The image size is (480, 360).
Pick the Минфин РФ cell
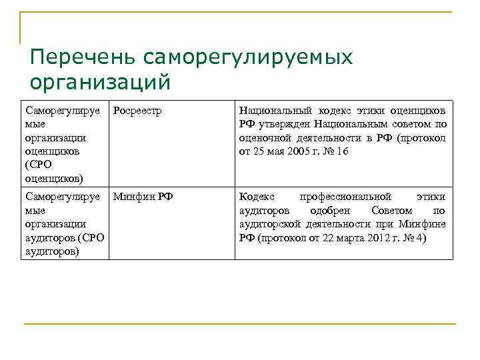pyautogui.click(x=143, y=197)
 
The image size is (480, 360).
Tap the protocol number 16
pyautogui.click(x=342, y=151)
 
